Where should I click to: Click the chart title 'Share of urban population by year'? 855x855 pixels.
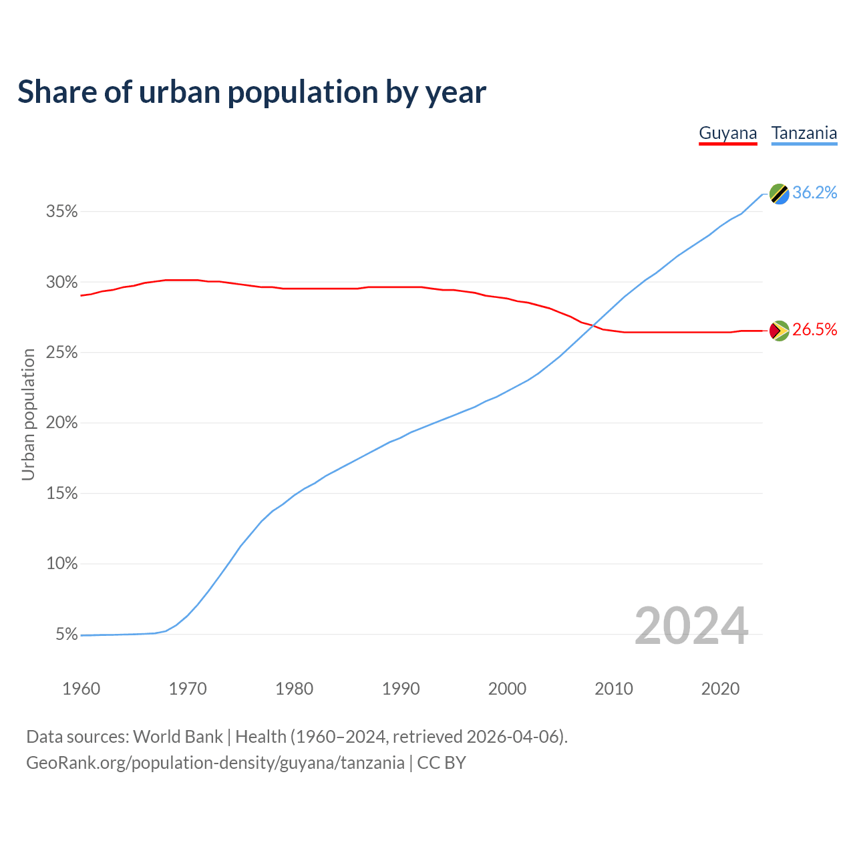(x=252, y=92)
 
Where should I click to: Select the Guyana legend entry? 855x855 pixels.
(x=727, y=133)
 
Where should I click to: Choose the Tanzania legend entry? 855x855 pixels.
(x=804, y=133)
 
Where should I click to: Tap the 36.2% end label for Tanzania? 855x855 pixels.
(x=814, y=193)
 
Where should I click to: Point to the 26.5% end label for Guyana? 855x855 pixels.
(x=814, y=330)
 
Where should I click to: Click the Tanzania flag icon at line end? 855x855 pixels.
(x=779, y=194)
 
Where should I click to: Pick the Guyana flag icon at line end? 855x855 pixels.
(x=779, y=330)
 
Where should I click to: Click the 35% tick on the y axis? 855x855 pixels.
(x=62, y=212)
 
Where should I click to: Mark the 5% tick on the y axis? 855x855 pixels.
(x=67, y=635)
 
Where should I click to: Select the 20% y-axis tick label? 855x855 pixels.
(x=62, y=423)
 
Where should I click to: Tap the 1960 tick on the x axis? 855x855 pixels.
(x=81, y=689)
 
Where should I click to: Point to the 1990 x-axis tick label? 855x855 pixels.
(x=401, y=689)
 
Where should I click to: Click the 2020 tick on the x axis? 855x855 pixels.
(x=720, y=689)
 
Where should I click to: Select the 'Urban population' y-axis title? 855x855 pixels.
(x=28, y=415)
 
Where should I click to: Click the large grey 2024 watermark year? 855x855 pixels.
(x=691, y=627)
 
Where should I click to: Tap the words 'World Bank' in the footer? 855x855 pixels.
(x=178, y=737)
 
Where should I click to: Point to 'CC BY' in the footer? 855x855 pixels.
(x=442, y=763)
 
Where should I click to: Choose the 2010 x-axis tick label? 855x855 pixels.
(x=614, y=689)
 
